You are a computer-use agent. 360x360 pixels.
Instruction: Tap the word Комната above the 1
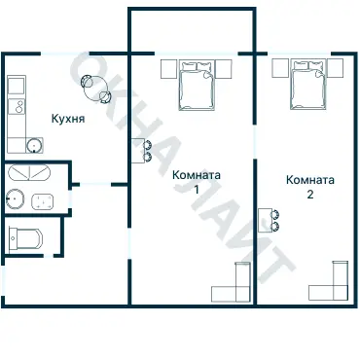click(196, 175)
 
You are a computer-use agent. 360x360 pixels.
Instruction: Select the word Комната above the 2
click(310, 180)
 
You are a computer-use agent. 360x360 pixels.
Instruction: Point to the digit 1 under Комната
click(196, 190)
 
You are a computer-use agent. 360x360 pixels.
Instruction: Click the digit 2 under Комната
click(310, 195)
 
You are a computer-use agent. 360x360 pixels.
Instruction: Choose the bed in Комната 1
click(198, 85)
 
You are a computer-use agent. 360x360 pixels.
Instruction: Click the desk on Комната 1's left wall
click(139, 150)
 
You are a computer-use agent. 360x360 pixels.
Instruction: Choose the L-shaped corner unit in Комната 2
click(331, 283)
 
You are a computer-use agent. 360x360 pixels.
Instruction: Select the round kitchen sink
click(34, 147)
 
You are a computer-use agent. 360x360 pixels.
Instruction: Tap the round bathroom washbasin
click(14, 200)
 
